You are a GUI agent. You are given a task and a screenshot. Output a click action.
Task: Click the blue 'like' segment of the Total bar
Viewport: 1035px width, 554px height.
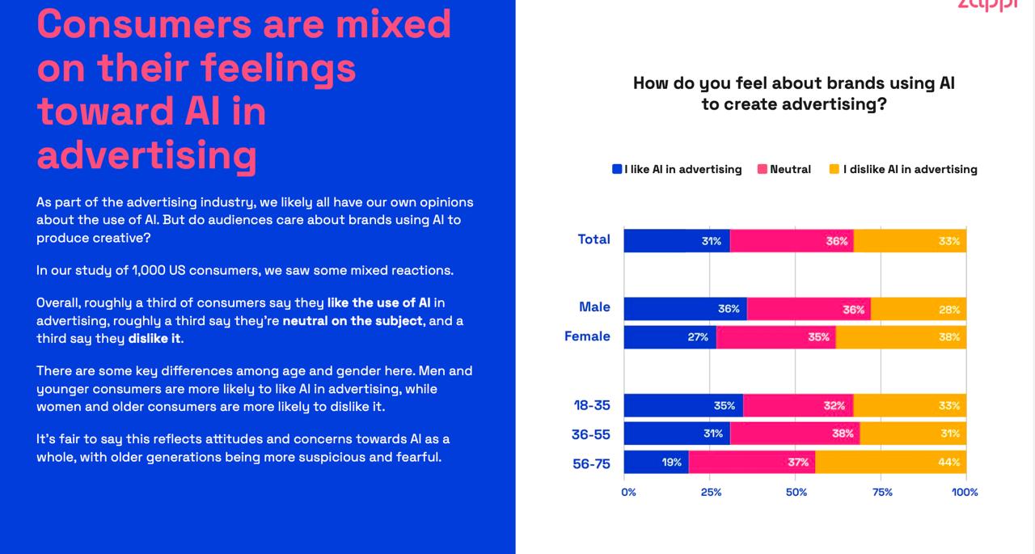tap(676, 241)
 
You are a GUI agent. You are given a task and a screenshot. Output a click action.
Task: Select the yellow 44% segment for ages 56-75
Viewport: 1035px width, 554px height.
tap(890, 463)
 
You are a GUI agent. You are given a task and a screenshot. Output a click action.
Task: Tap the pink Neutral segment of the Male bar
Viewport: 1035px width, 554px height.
tap(809, 309)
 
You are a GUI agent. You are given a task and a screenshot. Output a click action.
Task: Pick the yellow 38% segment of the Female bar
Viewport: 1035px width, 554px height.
tap(901, 337)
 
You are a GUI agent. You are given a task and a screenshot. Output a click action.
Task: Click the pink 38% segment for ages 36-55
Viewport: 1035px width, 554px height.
tap(795, 433)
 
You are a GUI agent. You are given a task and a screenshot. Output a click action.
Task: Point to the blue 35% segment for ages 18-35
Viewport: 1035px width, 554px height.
tap(683, 406)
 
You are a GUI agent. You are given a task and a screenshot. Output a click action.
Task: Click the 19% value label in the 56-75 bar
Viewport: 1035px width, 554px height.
tap(671, 463)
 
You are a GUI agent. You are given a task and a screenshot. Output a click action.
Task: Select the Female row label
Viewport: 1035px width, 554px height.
tap(587, 336)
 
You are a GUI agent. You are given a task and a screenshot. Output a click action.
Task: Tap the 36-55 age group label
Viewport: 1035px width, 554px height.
tap(591, 435)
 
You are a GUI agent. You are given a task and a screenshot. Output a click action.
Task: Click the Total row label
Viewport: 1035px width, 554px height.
tap(594, 239)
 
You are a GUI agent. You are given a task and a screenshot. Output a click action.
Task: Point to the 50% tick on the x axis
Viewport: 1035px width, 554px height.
tap(796, 492)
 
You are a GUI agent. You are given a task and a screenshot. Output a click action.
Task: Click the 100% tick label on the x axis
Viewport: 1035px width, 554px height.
tap(965, 492)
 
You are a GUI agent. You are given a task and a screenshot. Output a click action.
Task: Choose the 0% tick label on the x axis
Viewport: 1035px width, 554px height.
tap(628, 492)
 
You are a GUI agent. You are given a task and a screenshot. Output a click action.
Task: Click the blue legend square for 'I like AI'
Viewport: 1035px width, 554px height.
tap(617, 169)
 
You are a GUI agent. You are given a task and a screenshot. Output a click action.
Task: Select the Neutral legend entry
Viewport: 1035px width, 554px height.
tap(784, 169)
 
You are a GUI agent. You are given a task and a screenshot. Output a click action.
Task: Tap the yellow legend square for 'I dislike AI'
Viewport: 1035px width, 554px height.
tap(834, 169)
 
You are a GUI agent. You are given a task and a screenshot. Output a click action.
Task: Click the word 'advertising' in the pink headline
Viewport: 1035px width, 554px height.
tap(146, 154)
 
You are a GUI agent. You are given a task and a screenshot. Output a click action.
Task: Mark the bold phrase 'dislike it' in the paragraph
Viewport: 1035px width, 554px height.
tap(154, 339)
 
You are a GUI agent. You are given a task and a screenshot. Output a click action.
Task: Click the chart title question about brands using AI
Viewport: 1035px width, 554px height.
tap(793, 94)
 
